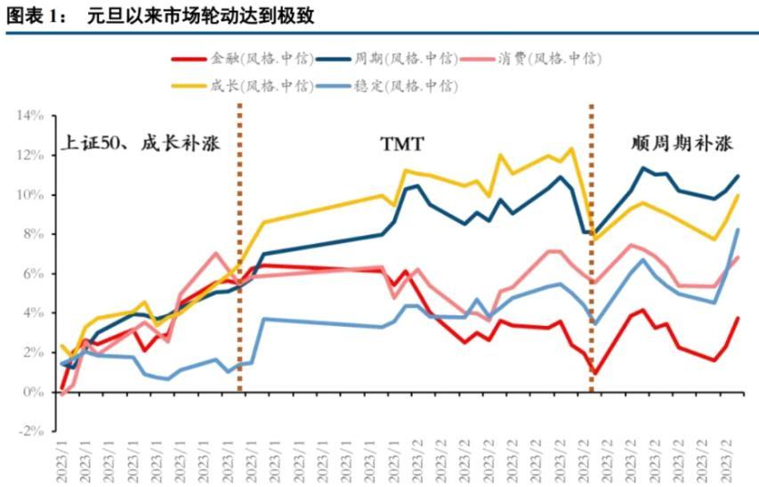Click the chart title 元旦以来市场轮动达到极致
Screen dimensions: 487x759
coord(201,15)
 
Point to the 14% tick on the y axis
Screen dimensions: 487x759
coord(30,116)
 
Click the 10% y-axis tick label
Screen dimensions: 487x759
coord(30,195)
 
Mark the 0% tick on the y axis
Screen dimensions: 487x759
coord(34,392)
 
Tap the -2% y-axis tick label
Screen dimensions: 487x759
coord(32,431)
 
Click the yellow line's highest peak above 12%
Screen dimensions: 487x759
coord(570,149)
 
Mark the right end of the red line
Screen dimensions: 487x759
coord(739,318)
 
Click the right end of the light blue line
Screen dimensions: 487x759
coord(739,230)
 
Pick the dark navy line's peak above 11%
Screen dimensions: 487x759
coord(642,167)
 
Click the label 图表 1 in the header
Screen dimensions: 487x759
coord(29,15)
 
